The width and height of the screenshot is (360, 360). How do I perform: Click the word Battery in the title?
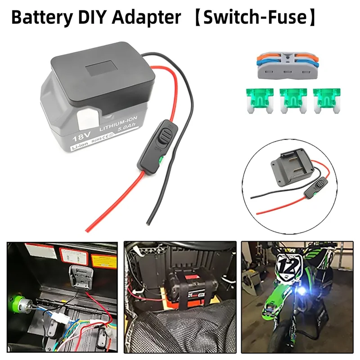pyautogui.click(x=40, y=18)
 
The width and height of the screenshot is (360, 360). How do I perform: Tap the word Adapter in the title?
pyautogui.click(x=148, y=18)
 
